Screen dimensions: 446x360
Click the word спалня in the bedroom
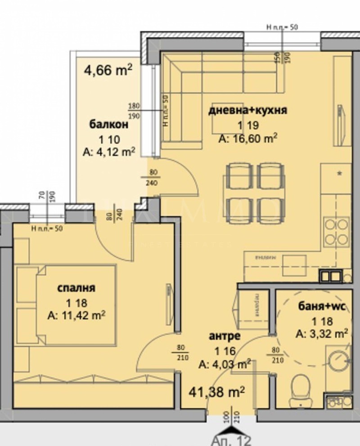(76, 288)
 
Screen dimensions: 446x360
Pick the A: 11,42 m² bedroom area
(76, 316)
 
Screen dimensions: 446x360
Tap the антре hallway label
(225, 336)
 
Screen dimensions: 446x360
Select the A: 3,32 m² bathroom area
(322, 334)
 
